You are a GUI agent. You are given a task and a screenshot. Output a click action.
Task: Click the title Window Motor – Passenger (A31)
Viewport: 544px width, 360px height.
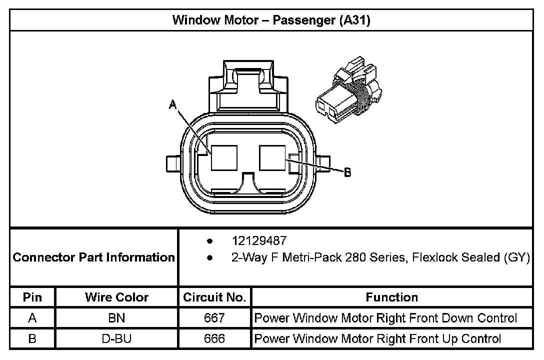click(271, 20)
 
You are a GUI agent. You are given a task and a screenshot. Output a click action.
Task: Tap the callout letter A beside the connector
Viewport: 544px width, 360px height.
click(173, 104)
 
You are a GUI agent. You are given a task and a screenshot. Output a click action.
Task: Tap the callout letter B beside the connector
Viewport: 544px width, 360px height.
click(347, 173)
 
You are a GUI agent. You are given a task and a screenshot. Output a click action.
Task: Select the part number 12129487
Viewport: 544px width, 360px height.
click(259, 241)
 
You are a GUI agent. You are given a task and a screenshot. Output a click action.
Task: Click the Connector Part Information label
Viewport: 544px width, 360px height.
click(93, 257)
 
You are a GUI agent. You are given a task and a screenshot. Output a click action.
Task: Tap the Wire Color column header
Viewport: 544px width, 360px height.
click(116, 297)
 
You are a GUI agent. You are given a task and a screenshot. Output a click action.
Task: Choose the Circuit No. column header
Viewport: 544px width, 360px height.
click(214, 297)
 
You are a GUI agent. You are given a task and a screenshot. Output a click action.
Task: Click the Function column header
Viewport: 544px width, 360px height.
click(391, 297)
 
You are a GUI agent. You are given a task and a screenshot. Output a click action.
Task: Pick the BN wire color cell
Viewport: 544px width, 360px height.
click(116, 318)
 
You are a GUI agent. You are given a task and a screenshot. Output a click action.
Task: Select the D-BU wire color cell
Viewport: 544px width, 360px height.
click(116, 338)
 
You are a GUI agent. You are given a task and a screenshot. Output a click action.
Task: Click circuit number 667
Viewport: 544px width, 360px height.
click(214, 318)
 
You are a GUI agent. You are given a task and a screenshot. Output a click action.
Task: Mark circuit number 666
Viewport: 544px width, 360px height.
click(214, 338)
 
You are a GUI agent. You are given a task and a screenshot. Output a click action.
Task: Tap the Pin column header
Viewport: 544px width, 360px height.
click(32, 297)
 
